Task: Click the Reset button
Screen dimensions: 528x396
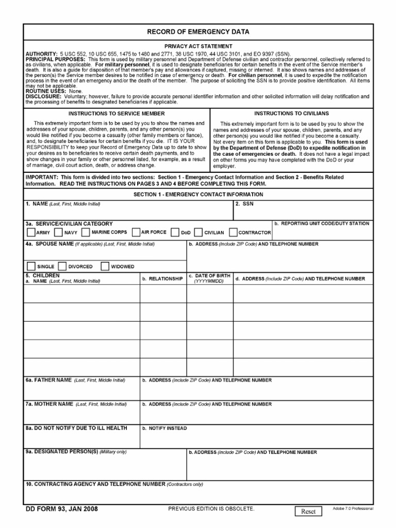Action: pos(308,511)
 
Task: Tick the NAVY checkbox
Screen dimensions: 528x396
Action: pos(58,233)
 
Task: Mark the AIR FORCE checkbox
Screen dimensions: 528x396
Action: pos(136,233)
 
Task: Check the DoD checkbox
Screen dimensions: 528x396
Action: pos(175,233)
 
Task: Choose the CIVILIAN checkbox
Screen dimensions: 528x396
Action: pos(199,233)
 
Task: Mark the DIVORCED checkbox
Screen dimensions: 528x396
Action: pos(62,267)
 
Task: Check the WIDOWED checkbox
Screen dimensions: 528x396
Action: pos(104,267)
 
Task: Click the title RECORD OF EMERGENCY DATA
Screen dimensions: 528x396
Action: pos(198,32)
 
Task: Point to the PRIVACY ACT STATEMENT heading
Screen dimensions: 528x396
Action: pos(198,46)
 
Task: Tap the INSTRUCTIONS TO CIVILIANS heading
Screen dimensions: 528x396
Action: pos(291,113)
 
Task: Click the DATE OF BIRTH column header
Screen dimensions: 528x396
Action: pos(209,278)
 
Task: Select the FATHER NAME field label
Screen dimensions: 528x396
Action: pos(49,380)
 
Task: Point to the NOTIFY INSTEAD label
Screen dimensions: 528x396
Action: pos(164,428)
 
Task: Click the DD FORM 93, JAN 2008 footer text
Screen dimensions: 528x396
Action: pos(61,509)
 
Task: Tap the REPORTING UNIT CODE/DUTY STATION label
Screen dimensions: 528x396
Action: pos(322,224)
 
